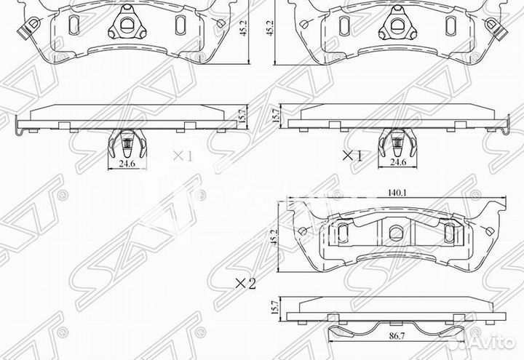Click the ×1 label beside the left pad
click(181, 156)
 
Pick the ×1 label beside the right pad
click(352, 156)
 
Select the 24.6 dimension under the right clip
click(397, 163)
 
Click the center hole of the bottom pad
click(395, 233)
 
